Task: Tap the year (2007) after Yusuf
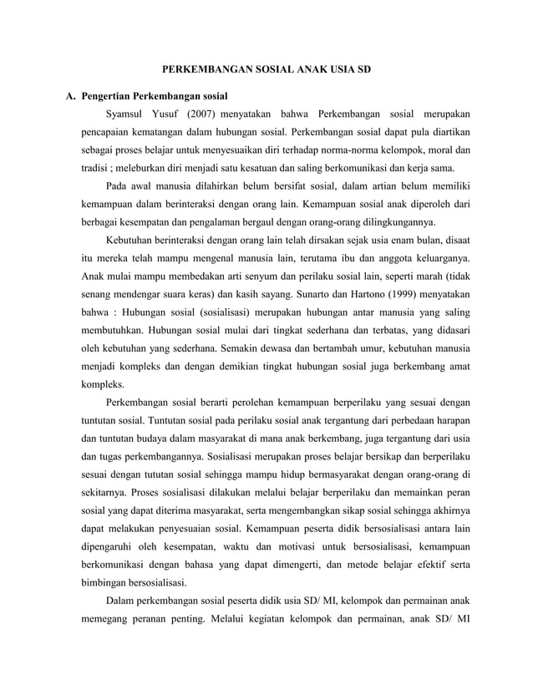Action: point(204,113)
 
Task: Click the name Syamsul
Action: point(129,113)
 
